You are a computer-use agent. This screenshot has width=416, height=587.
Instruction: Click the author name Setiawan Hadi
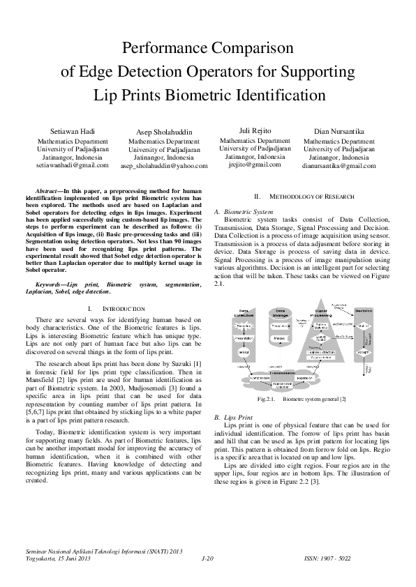(x=73, y=131)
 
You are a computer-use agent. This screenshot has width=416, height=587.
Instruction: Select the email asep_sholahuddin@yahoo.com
(x=164, y=167)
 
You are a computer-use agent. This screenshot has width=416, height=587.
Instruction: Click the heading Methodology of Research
(x=301, y=197)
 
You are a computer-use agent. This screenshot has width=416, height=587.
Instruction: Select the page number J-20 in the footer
(x=207, y=558)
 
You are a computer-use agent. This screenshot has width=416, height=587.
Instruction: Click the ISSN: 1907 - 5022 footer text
(x=349, y=558)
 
